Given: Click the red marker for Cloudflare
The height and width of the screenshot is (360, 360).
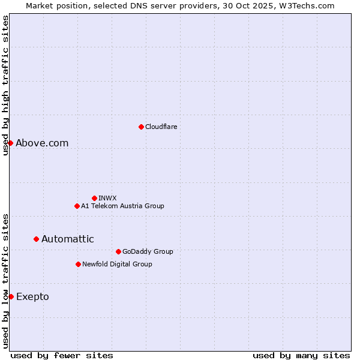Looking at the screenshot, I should pyautogui.click(x=141, y=127).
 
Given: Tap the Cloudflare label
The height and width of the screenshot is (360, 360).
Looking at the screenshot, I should pyautogui.click(x=161, y=127).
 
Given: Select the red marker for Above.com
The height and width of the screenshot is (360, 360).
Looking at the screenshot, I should pyautogui.click(x=10, y=143).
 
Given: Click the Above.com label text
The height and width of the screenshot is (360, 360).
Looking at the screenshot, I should pyautogui.click(x=42, y=143).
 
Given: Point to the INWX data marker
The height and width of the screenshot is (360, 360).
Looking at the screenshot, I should pyautogui.click(x=94, y=198).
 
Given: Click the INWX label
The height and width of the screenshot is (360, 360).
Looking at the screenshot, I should pyautogui.click(x=107, y=198).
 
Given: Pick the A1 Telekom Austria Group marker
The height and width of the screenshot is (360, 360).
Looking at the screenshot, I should pyautogui.click(x=77, y=206).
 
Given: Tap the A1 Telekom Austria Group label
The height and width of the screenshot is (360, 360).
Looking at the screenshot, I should pyautogui.click(x=122, y=206).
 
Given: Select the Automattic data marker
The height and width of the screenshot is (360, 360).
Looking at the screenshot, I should pyautogui.click(x=36, y=239).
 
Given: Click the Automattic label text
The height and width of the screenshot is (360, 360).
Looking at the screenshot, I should pyautogui.click(x=67, y=239).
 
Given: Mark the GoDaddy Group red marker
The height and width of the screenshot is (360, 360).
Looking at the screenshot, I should pyautogui.click(x=118, y=251).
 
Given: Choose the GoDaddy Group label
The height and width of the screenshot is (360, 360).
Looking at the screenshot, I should pyautogui.click(x=148, y=251).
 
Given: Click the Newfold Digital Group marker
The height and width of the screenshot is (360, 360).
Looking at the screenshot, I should pyautogui.click(x=78, y=264).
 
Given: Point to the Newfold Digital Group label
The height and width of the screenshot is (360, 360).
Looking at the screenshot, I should pyautogui.click(x=117, y=264).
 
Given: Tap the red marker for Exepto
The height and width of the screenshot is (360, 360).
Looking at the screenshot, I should pyautogui.click(x=11, y=296).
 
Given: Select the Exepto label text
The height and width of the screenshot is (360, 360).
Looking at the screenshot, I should pyautogui.click(x=32, y=296).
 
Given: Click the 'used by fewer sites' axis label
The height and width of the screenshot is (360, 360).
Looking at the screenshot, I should pyautogui.click(x=62, y=355).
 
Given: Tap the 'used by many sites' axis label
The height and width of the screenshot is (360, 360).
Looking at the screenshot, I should pyautogui.click(x=301, y=355).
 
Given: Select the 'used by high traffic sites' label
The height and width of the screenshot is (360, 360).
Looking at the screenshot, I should pyautogui.click(x=5, y=86).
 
